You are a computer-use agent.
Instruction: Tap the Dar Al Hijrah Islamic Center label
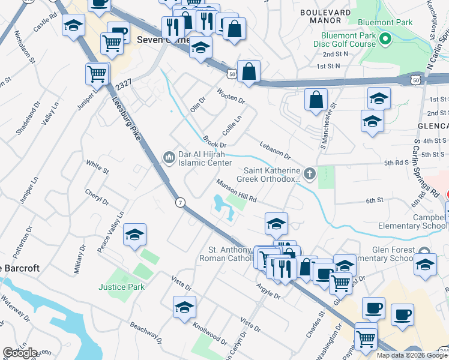coord(205,158)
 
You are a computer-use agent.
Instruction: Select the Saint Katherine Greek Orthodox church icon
coord(310,174)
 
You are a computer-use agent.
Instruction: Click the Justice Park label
coord(122,287)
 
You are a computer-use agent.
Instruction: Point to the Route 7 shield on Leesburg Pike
coord(179,203)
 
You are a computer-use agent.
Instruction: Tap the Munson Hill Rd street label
coord(237,190)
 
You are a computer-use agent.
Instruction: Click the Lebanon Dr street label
coord(275,151)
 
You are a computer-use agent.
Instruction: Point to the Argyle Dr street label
coord(268,290)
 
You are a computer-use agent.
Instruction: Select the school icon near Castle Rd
coord(74,26)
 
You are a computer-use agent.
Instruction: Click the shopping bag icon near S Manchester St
coord(316,100)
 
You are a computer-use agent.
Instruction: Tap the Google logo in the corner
coord(20,352)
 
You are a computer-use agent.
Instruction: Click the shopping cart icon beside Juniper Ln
coord(97,74)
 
